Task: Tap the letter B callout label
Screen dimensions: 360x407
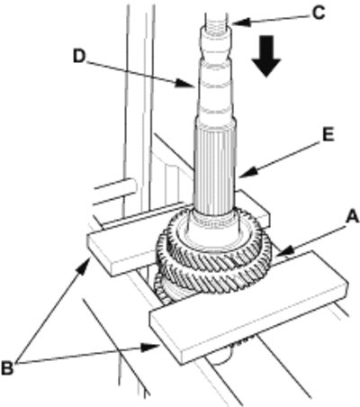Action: [7, 368]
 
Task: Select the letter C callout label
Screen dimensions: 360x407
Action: [318, 14]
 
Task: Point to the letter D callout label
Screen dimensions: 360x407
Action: [79, 56]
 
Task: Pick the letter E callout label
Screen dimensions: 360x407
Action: [328, 135]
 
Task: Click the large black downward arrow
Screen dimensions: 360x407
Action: [266, 56]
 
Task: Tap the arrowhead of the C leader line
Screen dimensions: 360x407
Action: [239, 23]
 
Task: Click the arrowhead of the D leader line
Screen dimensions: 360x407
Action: [184, 83]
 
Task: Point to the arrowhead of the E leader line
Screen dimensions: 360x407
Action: [247, 173]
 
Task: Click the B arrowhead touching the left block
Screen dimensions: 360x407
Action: [85, 265]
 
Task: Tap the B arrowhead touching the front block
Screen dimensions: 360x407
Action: [150, 348]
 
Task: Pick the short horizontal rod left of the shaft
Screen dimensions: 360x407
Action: [115, 188]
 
